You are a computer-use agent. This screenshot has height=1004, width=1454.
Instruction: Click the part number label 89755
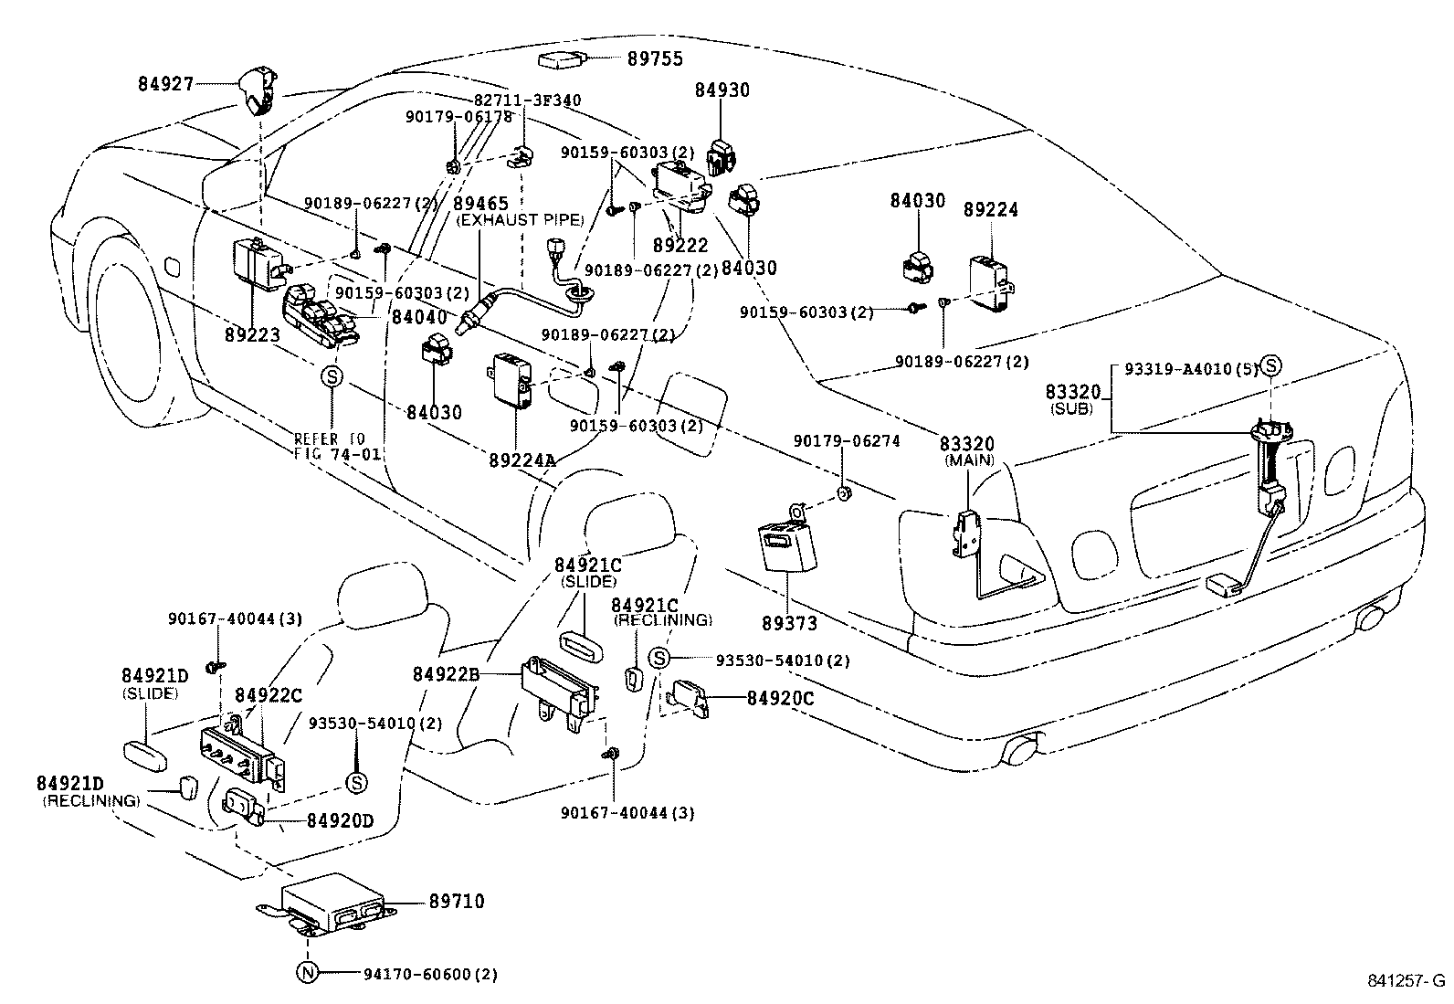pyautogui.click(x=655, y=59)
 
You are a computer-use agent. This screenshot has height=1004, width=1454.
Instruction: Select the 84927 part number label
pyautogui.click(x=166, y=84)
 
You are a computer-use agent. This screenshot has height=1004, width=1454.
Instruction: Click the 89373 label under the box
pyautogui.click(x=789, y=624)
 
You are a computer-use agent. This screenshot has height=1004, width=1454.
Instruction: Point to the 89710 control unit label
pyautogui.click(x=456, y=903)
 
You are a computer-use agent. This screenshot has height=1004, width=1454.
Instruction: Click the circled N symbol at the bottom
pyautogui.click(x=307, y=974)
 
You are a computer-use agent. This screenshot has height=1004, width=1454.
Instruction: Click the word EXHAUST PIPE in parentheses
pyautogui.click(x=520, y=220)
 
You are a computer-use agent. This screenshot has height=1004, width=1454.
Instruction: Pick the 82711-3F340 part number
pyautogui.click(x=527, y=100)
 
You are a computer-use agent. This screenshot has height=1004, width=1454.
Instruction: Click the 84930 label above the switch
pyautogui.click(x=722, y=90)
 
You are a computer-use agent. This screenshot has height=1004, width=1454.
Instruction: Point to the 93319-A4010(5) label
pyautogui.click(x=1191, y=369)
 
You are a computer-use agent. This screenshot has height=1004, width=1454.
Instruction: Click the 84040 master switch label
pyautogui.click(x=419, y=317)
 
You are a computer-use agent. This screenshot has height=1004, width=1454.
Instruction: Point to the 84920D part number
pyautogui.click(x=339, y=820)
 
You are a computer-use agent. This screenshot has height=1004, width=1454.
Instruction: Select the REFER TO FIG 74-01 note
pyautogui.click(x=337, y=446)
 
